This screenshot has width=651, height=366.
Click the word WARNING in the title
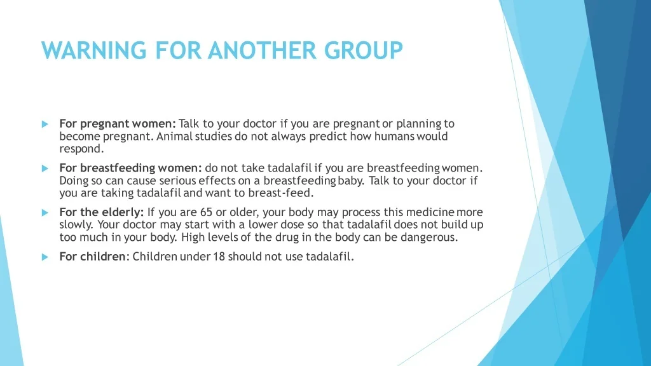[94, 50]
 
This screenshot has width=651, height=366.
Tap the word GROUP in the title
[364, 50]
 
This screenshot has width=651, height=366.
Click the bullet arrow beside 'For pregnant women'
[45, 124]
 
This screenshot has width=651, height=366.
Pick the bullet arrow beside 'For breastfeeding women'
[45, 168]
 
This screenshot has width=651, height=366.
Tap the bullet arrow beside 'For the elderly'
[45, 213]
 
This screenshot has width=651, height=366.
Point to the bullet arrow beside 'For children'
[45, 257]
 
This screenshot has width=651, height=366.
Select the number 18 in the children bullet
[219, 257]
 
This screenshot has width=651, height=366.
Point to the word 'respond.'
[81, 149]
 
